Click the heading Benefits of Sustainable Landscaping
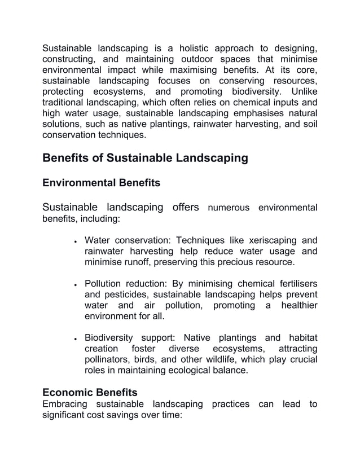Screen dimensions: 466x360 tap(145, 158)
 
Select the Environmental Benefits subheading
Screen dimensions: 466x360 tap(101, 183)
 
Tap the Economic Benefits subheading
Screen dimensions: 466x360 tap(90, 392)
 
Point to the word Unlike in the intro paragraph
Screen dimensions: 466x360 tap(302, 92)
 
